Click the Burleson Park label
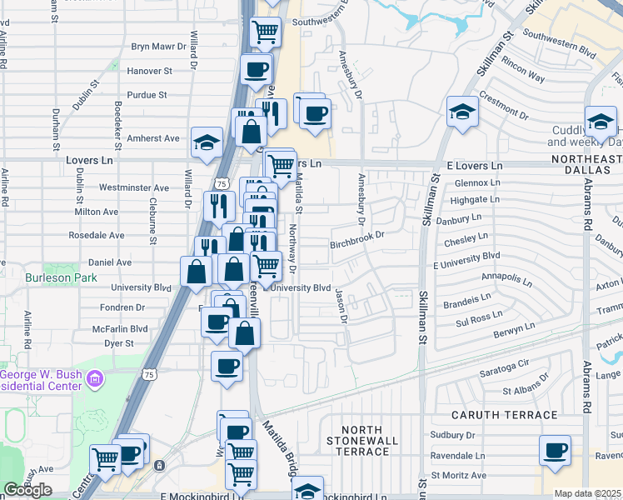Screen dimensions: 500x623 61,277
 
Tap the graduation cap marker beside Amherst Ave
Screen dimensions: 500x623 207,142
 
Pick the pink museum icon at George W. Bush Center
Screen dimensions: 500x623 96,380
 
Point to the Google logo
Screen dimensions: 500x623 27,490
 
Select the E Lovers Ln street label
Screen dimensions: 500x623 475,167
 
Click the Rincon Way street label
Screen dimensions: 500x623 524,77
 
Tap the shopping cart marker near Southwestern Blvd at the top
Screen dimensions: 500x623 265,33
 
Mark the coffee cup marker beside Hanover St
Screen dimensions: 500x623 257,70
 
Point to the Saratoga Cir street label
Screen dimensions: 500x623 505,365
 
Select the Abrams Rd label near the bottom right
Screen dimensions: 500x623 587,367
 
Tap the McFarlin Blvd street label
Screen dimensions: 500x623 123,328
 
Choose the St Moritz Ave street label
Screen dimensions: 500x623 452,476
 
